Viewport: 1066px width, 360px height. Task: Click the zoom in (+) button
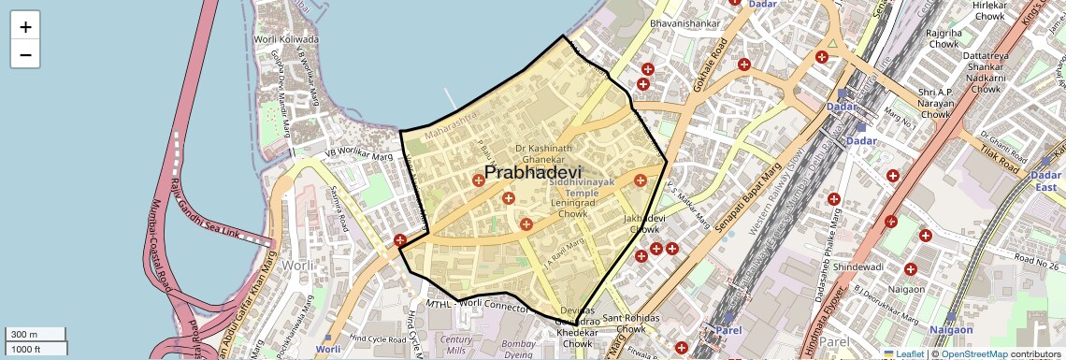click(25, 27)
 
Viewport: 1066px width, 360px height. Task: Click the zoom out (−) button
click(25, 55)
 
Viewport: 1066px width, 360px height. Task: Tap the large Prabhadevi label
click(533, 173)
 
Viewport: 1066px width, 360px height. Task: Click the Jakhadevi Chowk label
click(645, 223)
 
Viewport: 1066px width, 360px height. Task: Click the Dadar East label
click(1045, 181)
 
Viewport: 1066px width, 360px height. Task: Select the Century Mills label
click(456, 344)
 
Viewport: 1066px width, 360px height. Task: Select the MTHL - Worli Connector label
click(477, 306)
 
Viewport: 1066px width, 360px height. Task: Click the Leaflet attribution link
click(904, 353)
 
